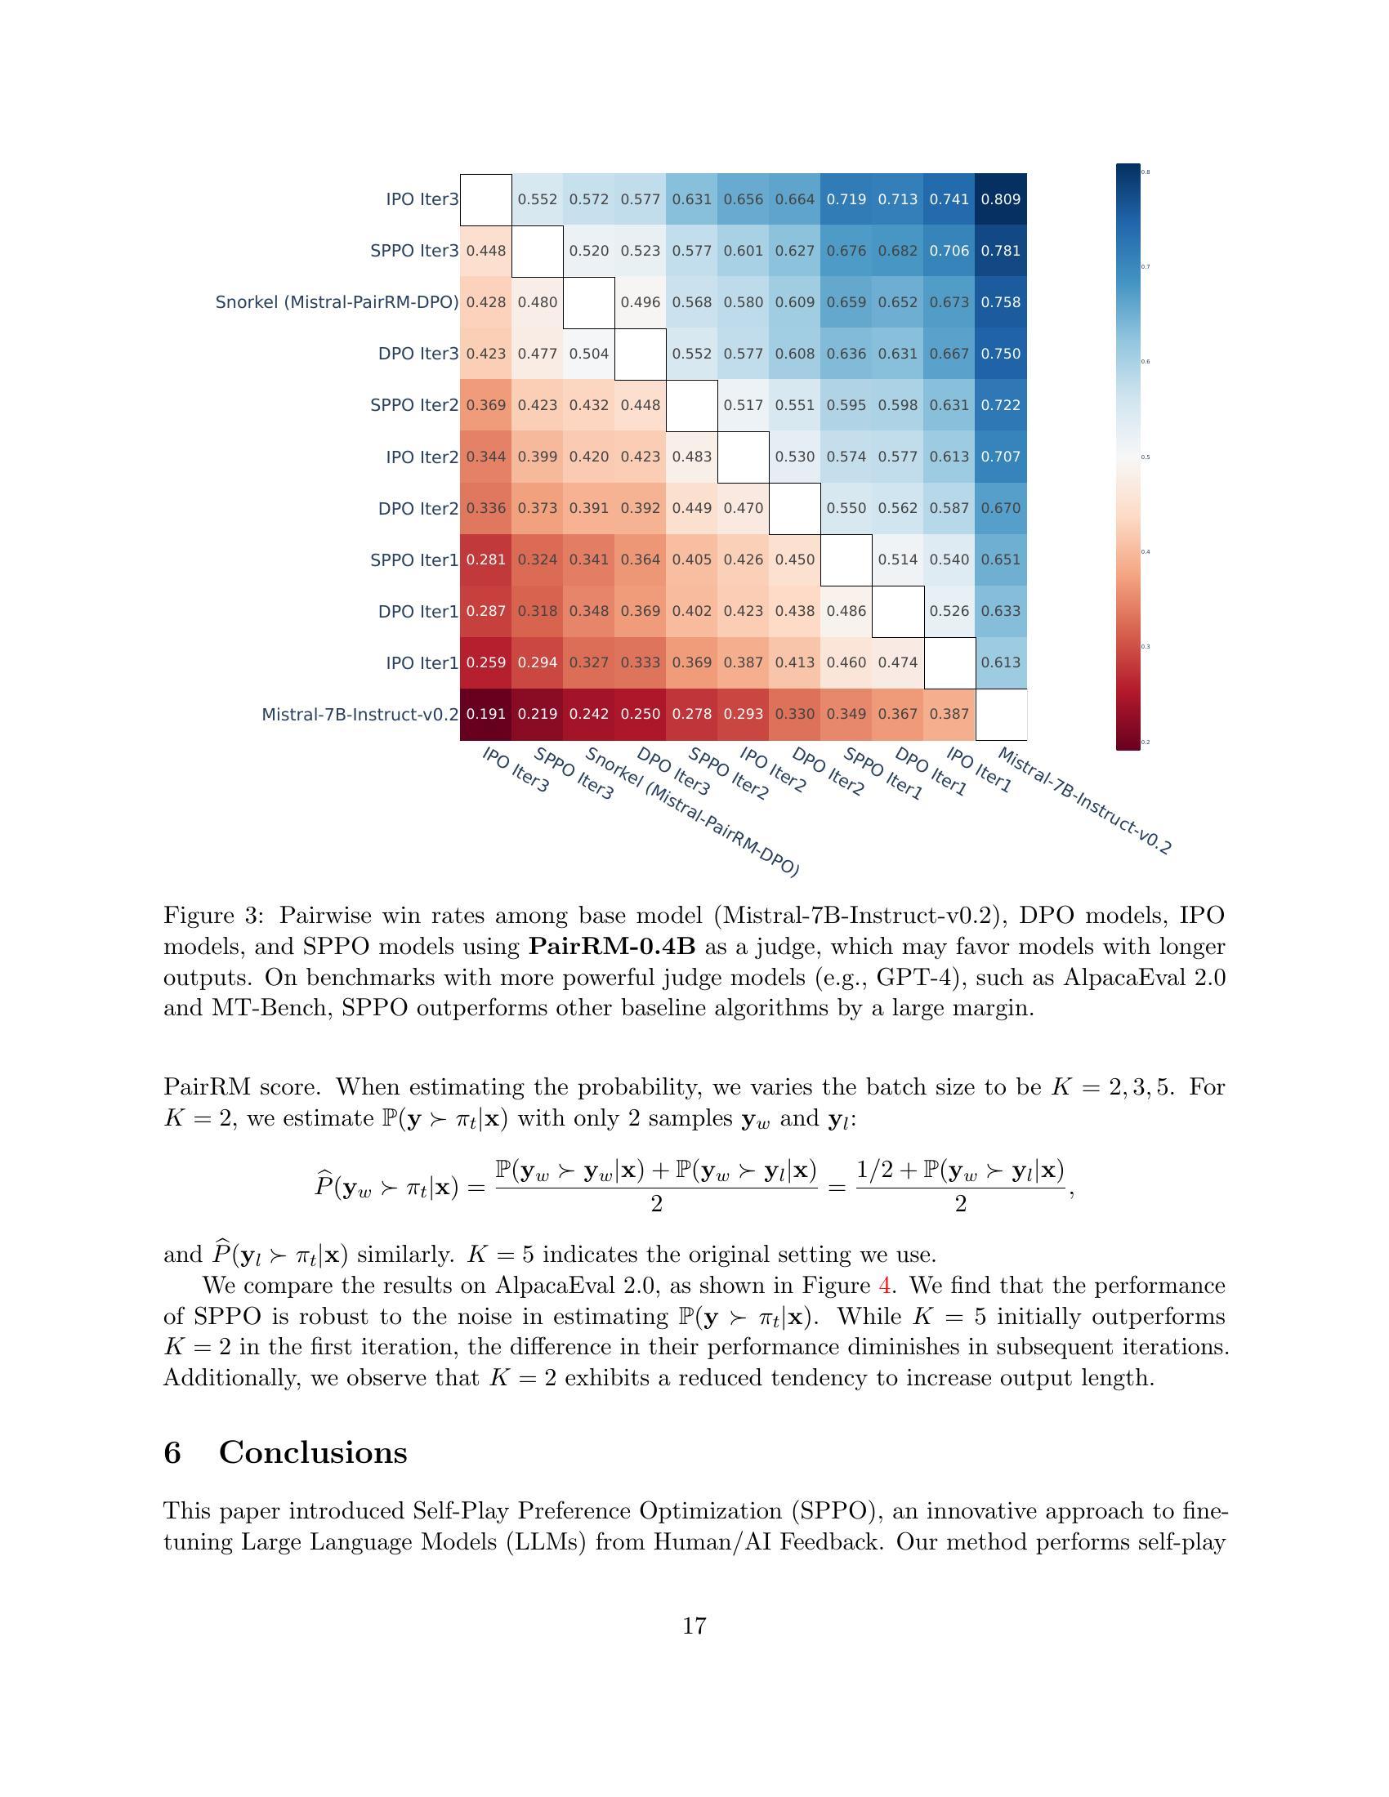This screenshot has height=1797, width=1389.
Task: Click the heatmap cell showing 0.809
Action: point(1001,199)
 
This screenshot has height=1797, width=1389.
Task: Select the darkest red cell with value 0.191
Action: point(486,714)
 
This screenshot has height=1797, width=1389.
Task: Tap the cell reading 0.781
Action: point(1001,251)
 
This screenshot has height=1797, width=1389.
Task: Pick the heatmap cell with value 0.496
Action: point(641,302)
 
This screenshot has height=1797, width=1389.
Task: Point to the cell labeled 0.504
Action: point(589,354)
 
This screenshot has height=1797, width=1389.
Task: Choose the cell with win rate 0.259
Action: point(486,662)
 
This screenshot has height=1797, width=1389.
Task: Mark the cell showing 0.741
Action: point(949,199)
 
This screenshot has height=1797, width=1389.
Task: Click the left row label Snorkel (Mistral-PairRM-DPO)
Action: point(337,302)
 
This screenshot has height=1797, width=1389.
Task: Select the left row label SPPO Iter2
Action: point(414,405)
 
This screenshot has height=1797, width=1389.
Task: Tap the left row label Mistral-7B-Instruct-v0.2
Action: point(360,714)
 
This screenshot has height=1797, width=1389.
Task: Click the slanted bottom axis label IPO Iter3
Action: point(515,769)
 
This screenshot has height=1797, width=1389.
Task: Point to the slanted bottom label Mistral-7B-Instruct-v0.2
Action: point(1083,800)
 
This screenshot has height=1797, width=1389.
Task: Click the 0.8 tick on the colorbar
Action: point(1146,172)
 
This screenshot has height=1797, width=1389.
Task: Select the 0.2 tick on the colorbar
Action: point(1146,742)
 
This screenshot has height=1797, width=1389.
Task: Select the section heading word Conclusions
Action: point(313,1452)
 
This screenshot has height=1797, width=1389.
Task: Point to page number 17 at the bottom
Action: point(694,1625)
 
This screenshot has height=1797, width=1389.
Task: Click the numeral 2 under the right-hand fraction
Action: point(960,1205)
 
